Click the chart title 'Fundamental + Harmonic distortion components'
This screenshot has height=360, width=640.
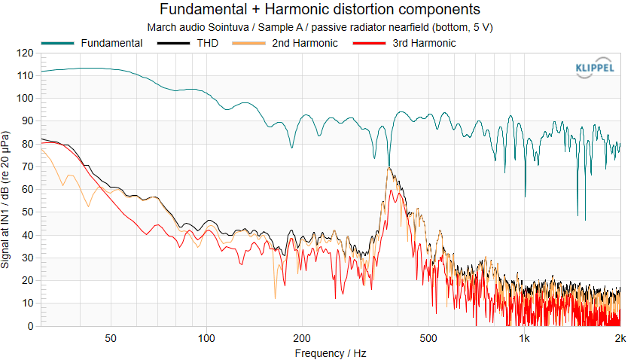[319, 9]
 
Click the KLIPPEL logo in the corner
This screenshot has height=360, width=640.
[594, 67]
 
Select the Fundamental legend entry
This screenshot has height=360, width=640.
[92, 43]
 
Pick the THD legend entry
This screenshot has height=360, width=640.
[187, 43]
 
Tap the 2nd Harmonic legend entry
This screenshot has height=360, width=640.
[285, 43]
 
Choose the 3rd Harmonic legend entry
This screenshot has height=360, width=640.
[404, 43]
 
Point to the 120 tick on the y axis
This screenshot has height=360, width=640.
[25, 53]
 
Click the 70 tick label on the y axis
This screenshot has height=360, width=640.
[28, 167]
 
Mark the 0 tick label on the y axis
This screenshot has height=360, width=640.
[31, 326]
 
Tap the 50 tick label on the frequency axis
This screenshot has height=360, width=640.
[110, 338]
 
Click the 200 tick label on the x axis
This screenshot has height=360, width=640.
[302, 338]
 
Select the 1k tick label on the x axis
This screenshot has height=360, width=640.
[525, 338]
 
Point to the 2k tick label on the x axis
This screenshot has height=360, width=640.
[620, 338]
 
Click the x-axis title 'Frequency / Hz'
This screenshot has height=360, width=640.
[331, 353]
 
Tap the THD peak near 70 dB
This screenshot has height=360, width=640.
[389, 167]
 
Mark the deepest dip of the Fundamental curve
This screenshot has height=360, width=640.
[585, 220]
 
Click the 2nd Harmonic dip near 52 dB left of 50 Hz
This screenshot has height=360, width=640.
[88, 206]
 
